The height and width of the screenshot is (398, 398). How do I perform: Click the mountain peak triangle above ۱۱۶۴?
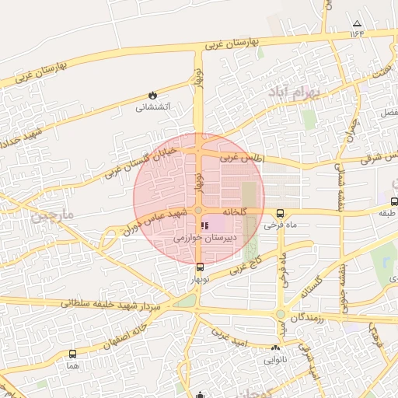pos(357,24)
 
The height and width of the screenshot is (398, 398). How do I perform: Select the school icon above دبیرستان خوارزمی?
pos(204,225)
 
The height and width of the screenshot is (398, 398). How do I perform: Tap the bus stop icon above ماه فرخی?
pos(281,214)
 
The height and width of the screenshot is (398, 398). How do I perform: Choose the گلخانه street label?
pos(234,211)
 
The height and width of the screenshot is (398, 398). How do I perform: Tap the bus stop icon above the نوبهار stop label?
pos(201,267)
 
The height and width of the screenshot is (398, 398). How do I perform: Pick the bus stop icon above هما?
pos(72,354)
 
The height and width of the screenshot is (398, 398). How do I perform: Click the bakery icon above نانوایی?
pos(276,348)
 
